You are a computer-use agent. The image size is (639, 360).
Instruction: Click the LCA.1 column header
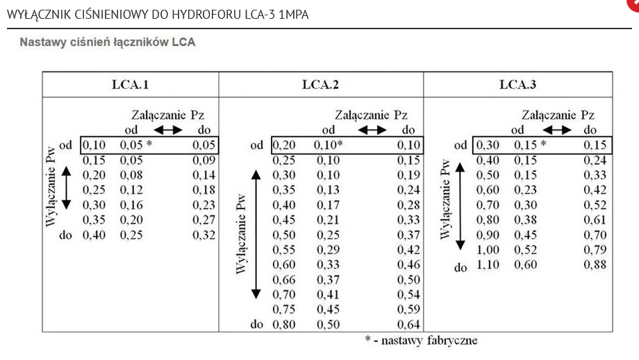pos(131,85)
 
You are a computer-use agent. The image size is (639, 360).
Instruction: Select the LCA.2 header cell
pos(320,85)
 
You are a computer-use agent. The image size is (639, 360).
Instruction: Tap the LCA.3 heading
pos(517,85)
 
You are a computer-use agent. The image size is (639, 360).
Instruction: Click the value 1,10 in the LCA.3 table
pos(488,265)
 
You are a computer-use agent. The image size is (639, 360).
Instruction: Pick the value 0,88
pos(595,265)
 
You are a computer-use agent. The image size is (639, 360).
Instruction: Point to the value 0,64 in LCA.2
pos(408,325)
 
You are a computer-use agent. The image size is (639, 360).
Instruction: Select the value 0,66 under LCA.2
pos(283,279)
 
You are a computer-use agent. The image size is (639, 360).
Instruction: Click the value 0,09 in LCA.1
pos(204,161)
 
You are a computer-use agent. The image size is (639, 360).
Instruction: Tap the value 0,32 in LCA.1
pos(204,235)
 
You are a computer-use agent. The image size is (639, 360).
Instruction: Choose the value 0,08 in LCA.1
pos(131,175)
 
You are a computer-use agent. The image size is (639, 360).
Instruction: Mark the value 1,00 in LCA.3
pos(488,249)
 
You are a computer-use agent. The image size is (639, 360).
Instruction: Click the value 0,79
pos(595,249)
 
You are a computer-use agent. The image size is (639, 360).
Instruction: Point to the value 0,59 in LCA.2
pos(408,309)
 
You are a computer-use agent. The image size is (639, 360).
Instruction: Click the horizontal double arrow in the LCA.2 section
pos(372,130)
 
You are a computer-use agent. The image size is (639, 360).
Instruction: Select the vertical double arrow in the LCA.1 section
pos(66,188)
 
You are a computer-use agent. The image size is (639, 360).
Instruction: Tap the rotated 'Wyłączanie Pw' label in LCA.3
pos(445,199)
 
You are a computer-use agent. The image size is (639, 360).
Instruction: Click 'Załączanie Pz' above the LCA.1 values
pos(167,115)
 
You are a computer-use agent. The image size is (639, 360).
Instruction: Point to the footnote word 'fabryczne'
pos(452,341)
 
